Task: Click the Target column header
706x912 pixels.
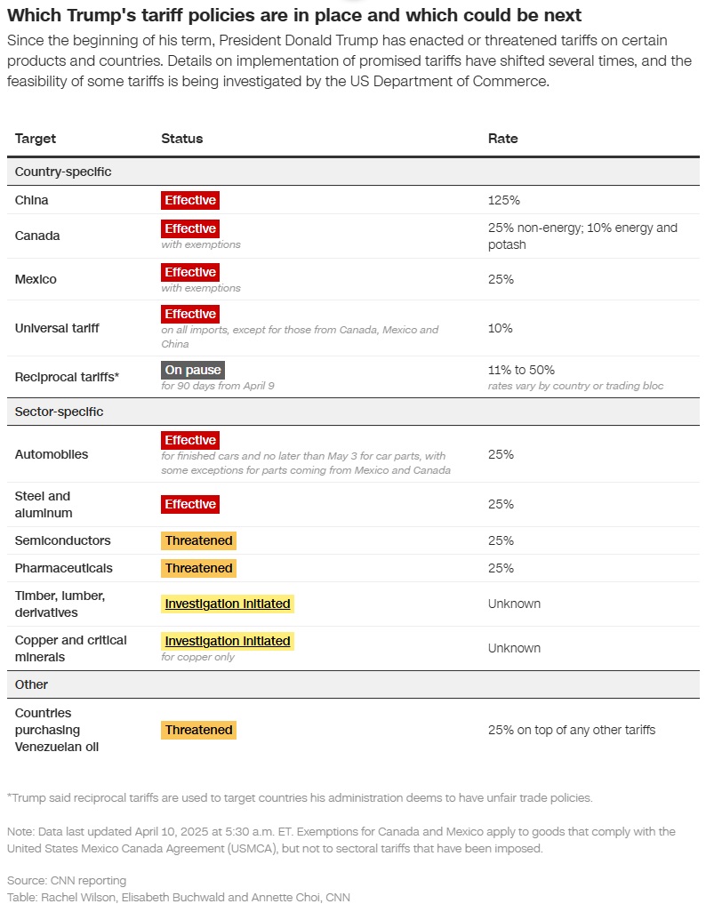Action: pos(36,139)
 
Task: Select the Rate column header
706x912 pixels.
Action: pos(502,139)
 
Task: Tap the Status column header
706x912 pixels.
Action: pos(181,139)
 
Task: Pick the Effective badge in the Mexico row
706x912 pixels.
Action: pos(190,272)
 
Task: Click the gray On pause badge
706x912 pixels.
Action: pos(193,370)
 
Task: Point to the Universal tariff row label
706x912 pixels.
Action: pos(57,328)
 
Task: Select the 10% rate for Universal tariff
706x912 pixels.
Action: pos(500,328)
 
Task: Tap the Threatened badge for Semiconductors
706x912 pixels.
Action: pos(198,540)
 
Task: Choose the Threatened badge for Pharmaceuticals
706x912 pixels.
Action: pos(198,568)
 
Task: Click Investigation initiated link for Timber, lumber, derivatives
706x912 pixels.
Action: pos(228,604)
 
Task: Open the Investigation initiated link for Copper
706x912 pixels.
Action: pos(228,641)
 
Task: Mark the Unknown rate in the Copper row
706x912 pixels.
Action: pos(514,648)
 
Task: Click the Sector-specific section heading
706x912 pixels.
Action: pos(59,412)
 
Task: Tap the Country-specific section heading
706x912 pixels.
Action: pos(63,172)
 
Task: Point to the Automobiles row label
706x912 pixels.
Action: pos(52,454)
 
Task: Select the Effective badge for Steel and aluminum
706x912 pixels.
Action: pos(190,504)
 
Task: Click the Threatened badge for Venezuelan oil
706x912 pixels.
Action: pos(198,730)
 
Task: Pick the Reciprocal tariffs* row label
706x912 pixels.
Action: pos(67,377)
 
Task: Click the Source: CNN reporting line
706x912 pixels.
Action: pos(67,880)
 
